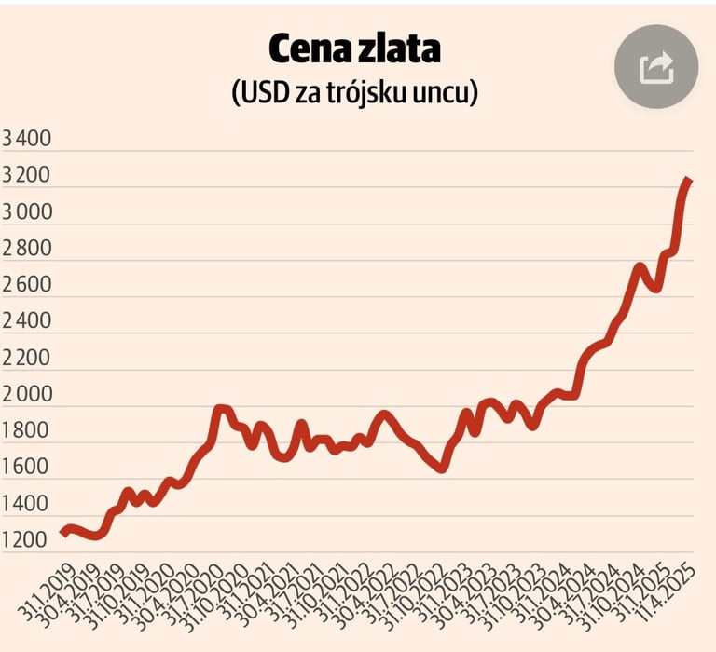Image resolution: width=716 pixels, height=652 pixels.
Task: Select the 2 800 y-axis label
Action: (27, 250)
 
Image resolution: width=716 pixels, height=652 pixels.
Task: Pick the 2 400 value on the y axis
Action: (27, 322)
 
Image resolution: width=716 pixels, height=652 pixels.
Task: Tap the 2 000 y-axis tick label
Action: (27, 395)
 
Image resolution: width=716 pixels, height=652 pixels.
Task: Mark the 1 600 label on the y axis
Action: (27, 468)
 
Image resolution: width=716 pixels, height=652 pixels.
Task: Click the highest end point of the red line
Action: (688, 180)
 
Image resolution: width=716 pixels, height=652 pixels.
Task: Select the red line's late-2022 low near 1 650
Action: (441, 469)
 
